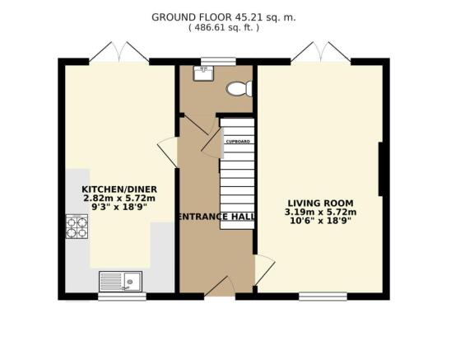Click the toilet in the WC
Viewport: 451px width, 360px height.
coord(239,89)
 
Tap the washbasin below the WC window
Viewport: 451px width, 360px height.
coord(203,73)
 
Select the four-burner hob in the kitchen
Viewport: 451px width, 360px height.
coord(77,227)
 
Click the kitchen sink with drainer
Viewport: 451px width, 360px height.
coord(120,281)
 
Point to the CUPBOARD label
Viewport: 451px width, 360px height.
coord(238,142)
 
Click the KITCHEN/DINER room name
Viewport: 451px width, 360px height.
coord(119,189)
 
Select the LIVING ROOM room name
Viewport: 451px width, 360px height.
coord(321,203)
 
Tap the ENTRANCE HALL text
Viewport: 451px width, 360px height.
coord(216,217)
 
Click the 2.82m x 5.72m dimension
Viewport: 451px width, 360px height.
coord(119,199)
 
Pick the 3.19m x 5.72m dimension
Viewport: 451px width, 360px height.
coord(321,213)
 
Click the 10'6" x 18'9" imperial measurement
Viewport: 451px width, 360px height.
coord(321,221)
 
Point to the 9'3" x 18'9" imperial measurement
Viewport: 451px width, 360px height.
coord(119,207)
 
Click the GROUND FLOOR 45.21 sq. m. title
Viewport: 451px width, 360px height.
coord(224,17)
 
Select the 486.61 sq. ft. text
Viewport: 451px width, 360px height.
coord(224,28)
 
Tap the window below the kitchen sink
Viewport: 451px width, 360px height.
coord(123,297)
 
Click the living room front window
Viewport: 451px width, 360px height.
coord(323,297)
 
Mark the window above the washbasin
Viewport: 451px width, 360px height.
coord(218,62)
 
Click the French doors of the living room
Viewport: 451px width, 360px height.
coord(321,53)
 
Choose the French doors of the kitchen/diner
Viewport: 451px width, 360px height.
coord(119,53)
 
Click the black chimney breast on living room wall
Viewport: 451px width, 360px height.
coord(380,169)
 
